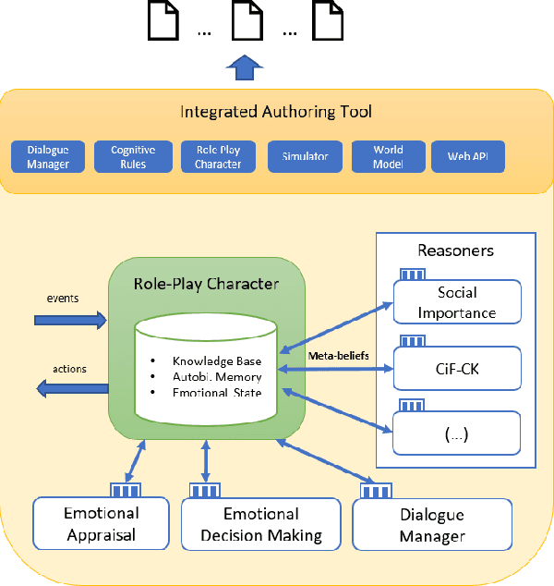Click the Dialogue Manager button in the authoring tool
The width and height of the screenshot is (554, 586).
[x=48, y=157]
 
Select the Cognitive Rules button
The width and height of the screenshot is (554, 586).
[x=133, y=157]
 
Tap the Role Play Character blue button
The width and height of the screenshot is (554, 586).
[x=218, y=157]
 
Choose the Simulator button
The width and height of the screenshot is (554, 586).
[x=305, y=157]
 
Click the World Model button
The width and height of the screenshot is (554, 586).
[x=388, y=157]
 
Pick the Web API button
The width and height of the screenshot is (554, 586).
[x=468, y=157]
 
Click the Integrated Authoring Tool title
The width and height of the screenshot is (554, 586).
[x=276, y=113]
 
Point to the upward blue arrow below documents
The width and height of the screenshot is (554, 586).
[x=245, y=68]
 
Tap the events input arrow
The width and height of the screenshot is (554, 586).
[x=70, y=320]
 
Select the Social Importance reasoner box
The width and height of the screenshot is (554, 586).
[x=457, y=302]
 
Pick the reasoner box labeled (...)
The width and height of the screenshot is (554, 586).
[x=457, y=433]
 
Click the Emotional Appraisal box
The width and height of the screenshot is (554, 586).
[x=102, y=524]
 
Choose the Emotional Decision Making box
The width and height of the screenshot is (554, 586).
[x=261, y=525]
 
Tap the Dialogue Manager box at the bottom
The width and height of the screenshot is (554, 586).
[x=432, y=525]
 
